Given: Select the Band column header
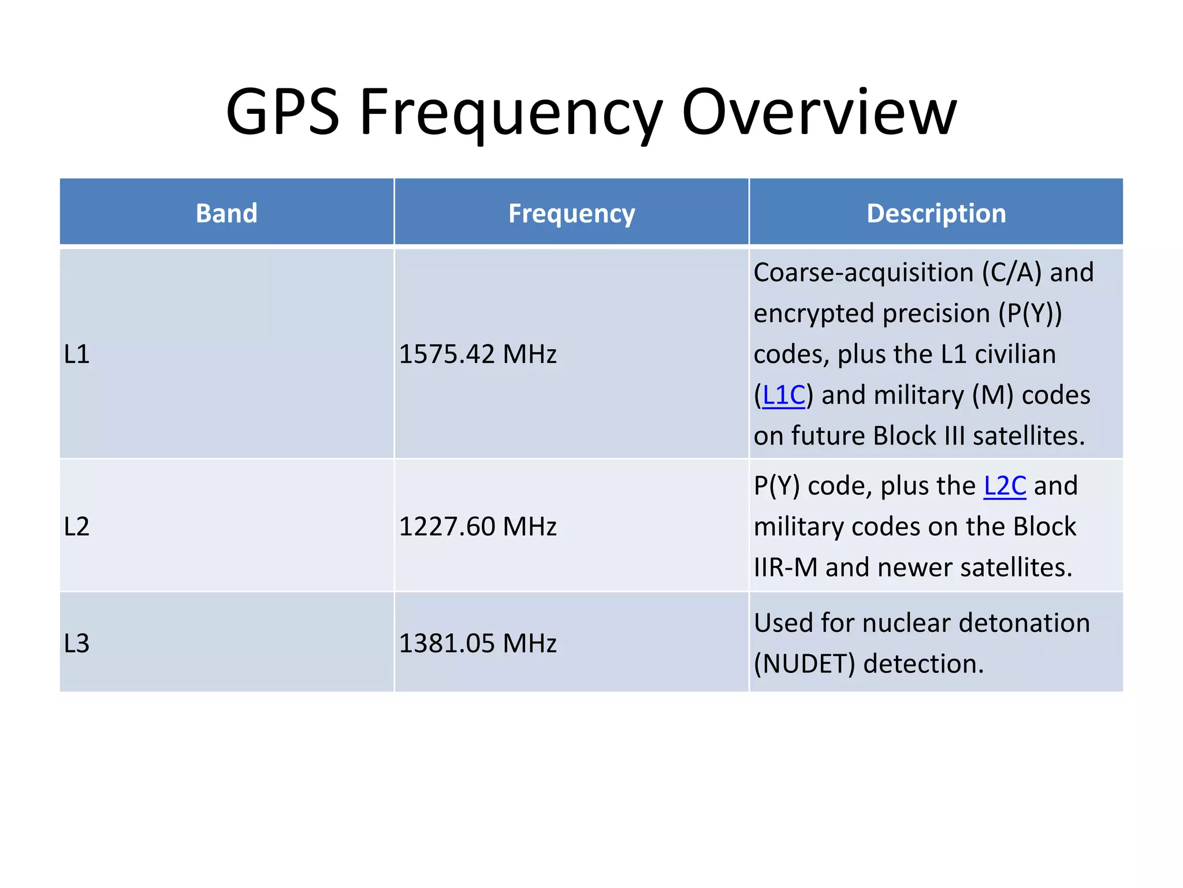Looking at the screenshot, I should (226, 213).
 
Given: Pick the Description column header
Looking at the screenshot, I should (936, 213).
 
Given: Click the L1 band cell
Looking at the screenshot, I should (77, 354).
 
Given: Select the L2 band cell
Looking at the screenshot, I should (77, 526).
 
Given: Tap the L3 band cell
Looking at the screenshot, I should (77, 643).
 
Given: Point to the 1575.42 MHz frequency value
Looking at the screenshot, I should (478, 354).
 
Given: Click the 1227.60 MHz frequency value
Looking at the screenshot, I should (478, 526).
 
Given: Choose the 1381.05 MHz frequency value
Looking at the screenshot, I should (478, 643).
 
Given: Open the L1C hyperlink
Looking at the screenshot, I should (783, 395).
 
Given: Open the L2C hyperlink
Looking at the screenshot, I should (1005, 486).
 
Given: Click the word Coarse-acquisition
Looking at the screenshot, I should (864, 272).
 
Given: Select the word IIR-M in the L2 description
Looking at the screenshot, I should (786, 567).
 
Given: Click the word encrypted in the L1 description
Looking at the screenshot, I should (814, 314).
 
